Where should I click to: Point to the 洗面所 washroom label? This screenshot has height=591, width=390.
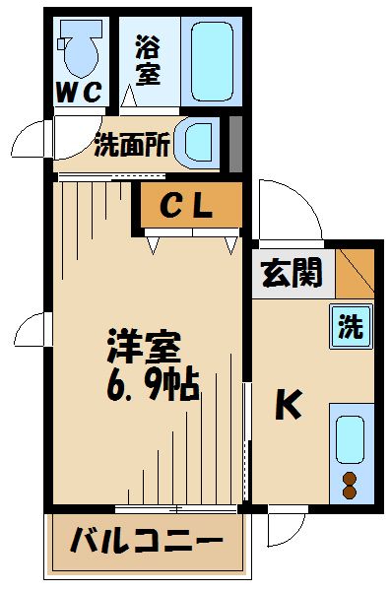pos(133,146)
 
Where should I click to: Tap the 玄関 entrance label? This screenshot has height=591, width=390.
pos(292,272)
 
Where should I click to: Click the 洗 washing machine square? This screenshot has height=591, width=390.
pos(352,326)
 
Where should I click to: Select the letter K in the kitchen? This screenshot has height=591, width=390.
pos(287,405)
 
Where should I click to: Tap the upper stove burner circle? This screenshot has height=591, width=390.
pos(351,479)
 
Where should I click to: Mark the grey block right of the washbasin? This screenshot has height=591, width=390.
pos(235,143)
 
